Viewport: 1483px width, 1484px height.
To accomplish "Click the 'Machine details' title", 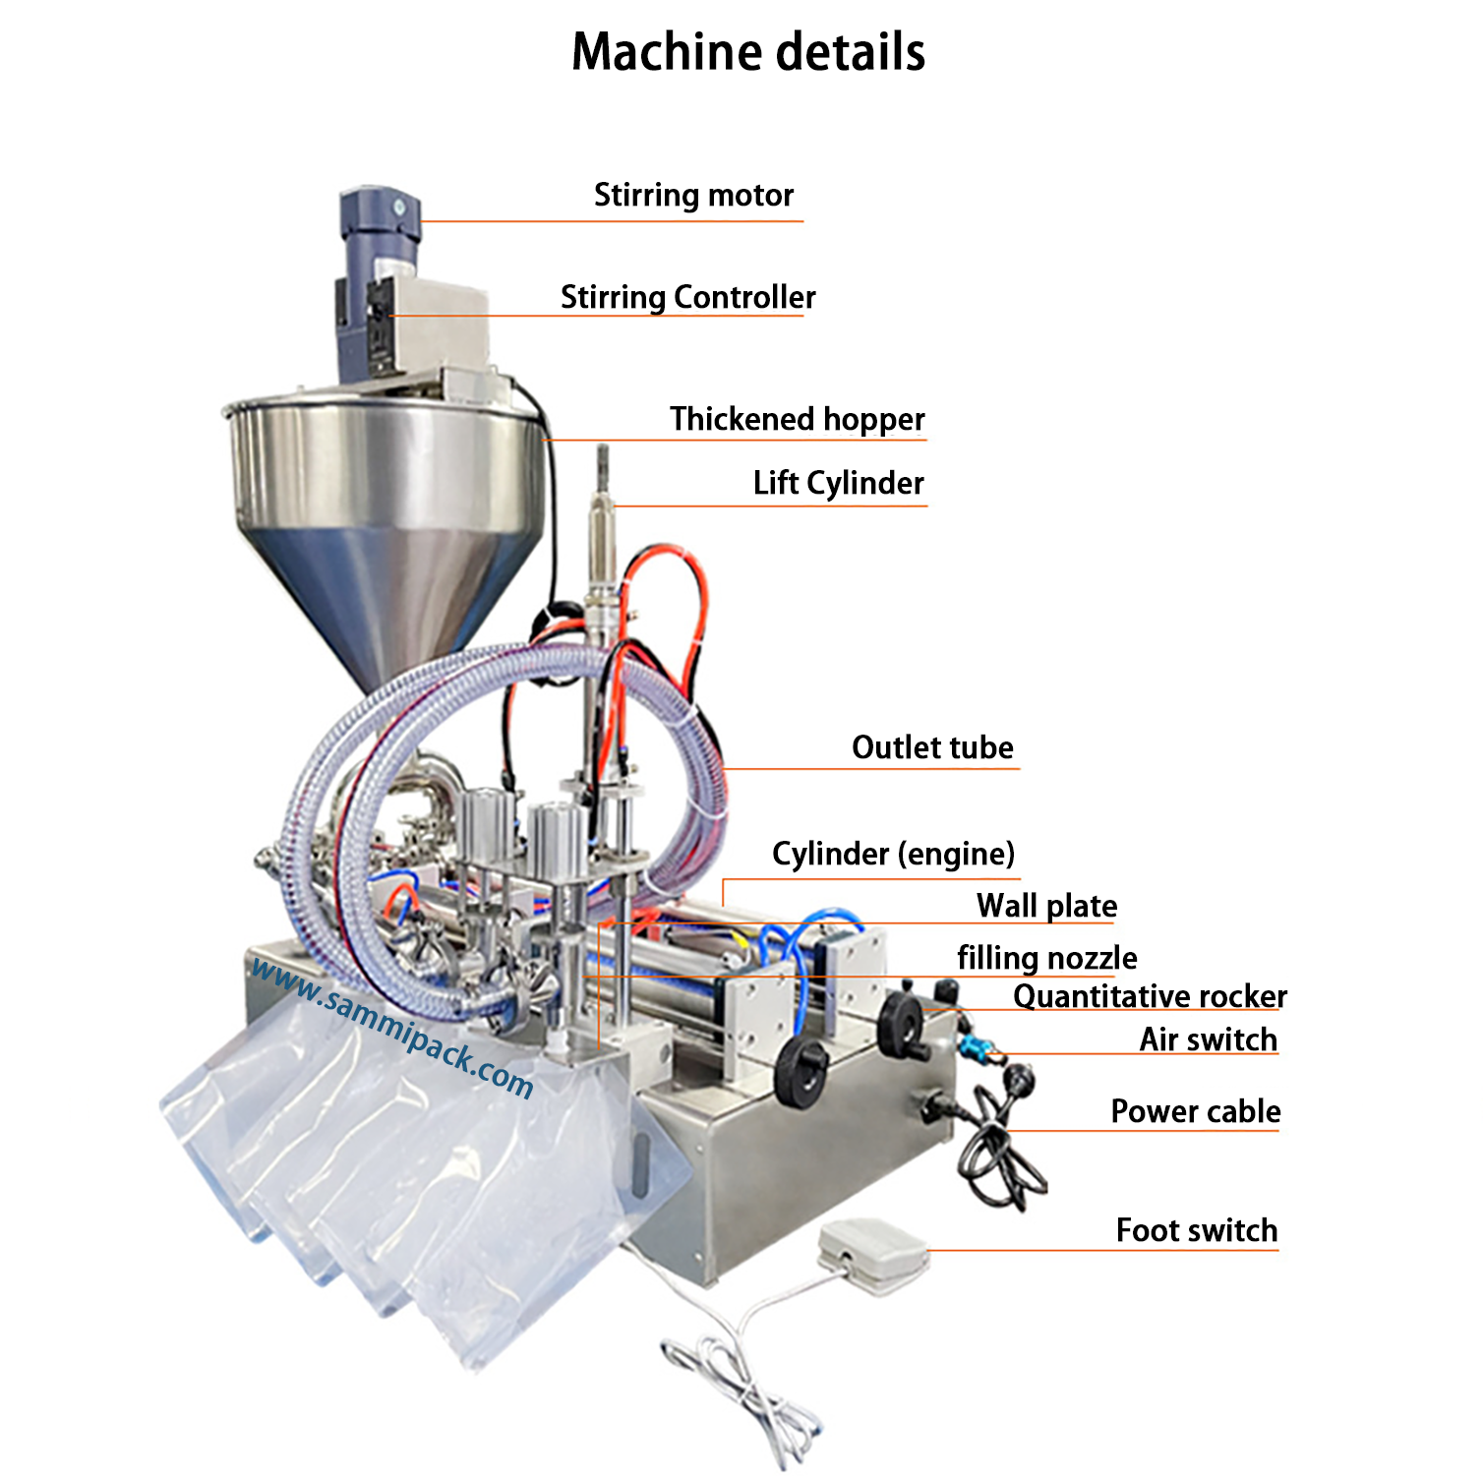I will (x=747, y=52).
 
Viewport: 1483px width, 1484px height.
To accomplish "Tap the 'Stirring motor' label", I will (x=693, y=195).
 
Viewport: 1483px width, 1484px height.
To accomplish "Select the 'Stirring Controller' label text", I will (x=687, y=297).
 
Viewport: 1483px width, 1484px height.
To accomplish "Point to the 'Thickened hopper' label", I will (x=797, y=419).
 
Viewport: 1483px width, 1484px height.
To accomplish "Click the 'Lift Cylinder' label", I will (x=838, y=483).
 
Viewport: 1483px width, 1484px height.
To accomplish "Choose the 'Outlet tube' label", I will (x=931, y=747).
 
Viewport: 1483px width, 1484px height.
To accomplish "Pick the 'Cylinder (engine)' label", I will (x=893, y=854).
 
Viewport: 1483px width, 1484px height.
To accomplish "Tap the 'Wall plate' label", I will (x=1046, y=906).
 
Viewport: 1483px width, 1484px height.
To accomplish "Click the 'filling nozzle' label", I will (x=1046, y=958).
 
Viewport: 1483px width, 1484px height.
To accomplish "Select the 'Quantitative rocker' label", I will (x=1149, y=996).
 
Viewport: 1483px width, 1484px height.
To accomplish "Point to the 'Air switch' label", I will (x=1208, y=1039).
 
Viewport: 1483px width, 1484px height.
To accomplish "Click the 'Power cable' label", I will (x=1195, y=1111).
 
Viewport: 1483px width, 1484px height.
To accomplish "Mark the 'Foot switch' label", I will (x=1196, y=1230).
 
